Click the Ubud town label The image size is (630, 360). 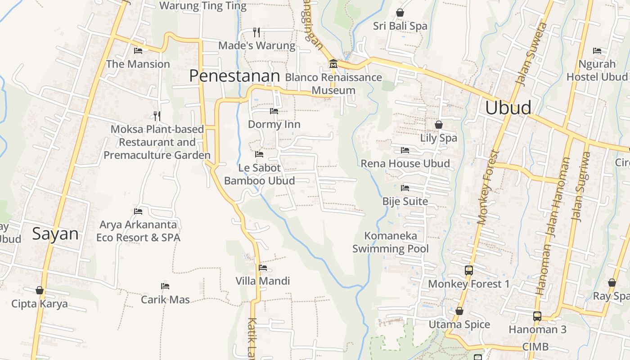(x=508, y=108)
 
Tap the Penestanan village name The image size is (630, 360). (x=234, y=76)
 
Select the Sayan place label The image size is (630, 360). (x=55, y=234)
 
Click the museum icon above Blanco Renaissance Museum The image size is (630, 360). (x=333, y=64)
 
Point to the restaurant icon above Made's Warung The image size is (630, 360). (x=256, y=32)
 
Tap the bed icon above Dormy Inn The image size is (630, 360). (x=274, y=111)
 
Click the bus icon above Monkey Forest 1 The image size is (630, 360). (x=468, y=270)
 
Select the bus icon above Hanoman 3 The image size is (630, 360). (x=537, y=316)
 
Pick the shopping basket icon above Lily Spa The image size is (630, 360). (x=438, y=125)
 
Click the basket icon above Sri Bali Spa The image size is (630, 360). (x=400, y=13)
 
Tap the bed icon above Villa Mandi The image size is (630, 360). (x=263, y=268)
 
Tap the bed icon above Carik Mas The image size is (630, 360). (x=165, y=286)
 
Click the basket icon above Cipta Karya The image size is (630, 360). (x=40, y=290)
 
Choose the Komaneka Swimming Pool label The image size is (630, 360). (x=391, y=242)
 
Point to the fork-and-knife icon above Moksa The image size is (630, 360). (x=157, y=116)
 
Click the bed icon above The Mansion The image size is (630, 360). (x=138, y=51)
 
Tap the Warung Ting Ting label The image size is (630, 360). (x=203, y=6)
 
